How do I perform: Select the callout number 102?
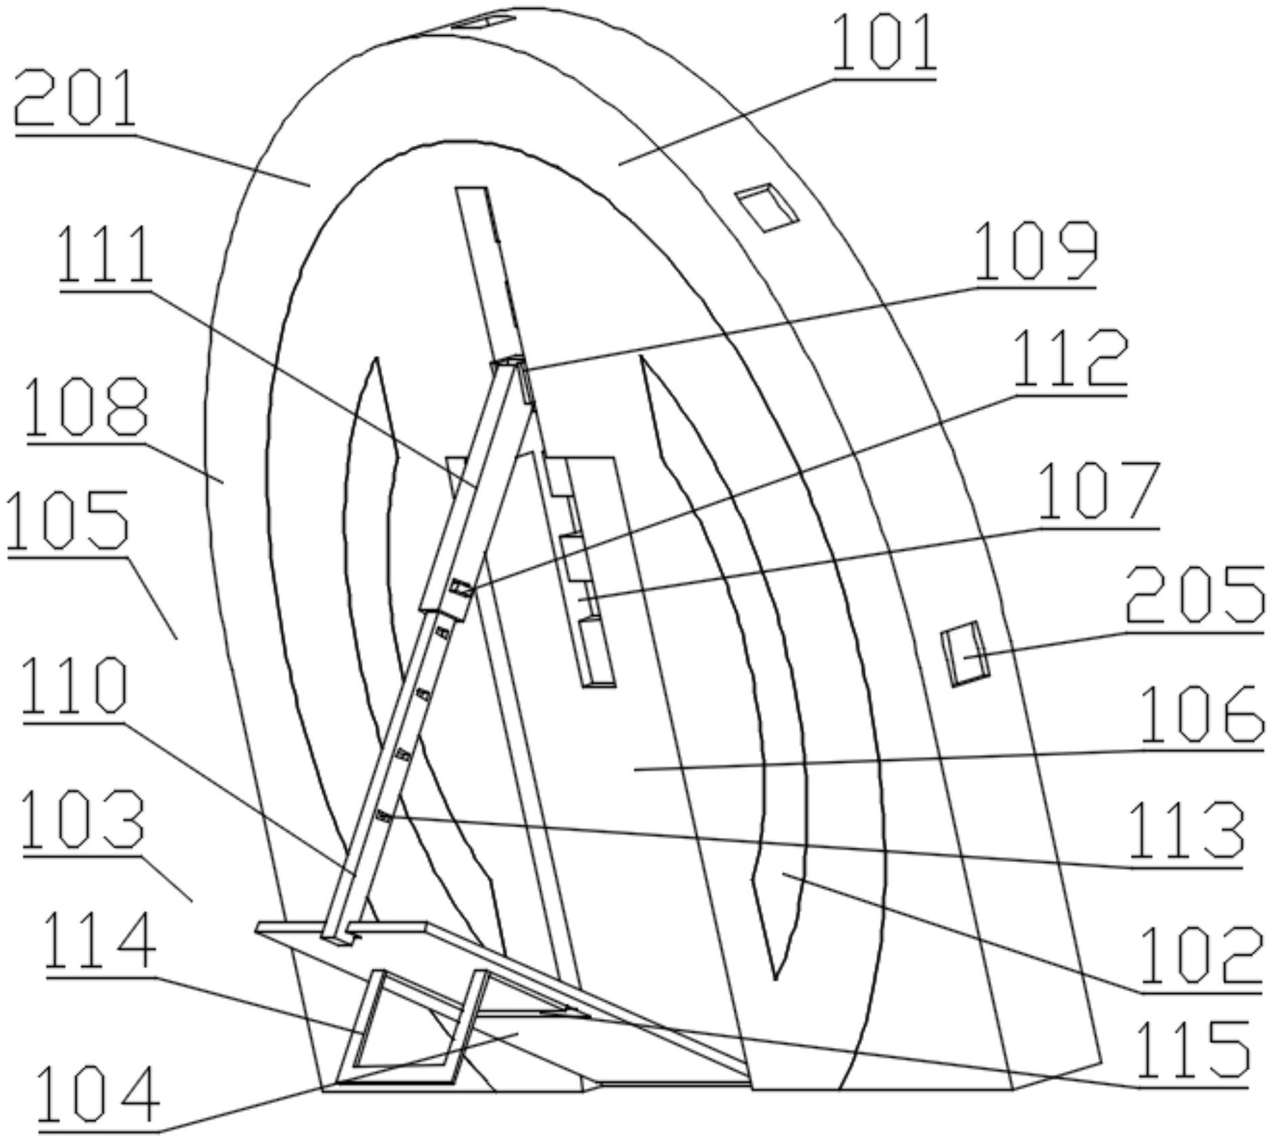tap(1201, 954)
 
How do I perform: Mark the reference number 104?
tap(99, 1095)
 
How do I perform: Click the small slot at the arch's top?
tap(484, 22)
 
